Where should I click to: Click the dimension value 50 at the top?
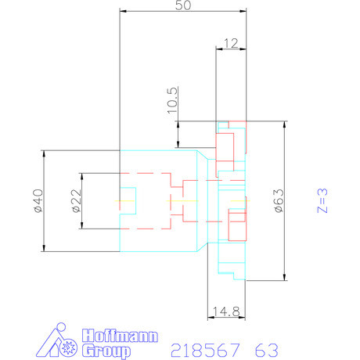coord(183,5)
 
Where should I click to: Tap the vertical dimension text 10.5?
coord(173,101)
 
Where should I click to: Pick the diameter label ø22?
coord(76,200)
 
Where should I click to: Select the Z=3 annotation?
coord(322,200)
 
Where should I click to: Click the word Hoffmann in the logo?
coord(119,337)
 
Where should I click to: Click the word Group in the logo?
coord(103,351)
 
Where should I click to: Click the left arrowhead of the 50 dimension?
coord(121,12)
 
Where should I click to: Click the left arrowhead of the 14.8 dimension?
coord(209,319)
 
